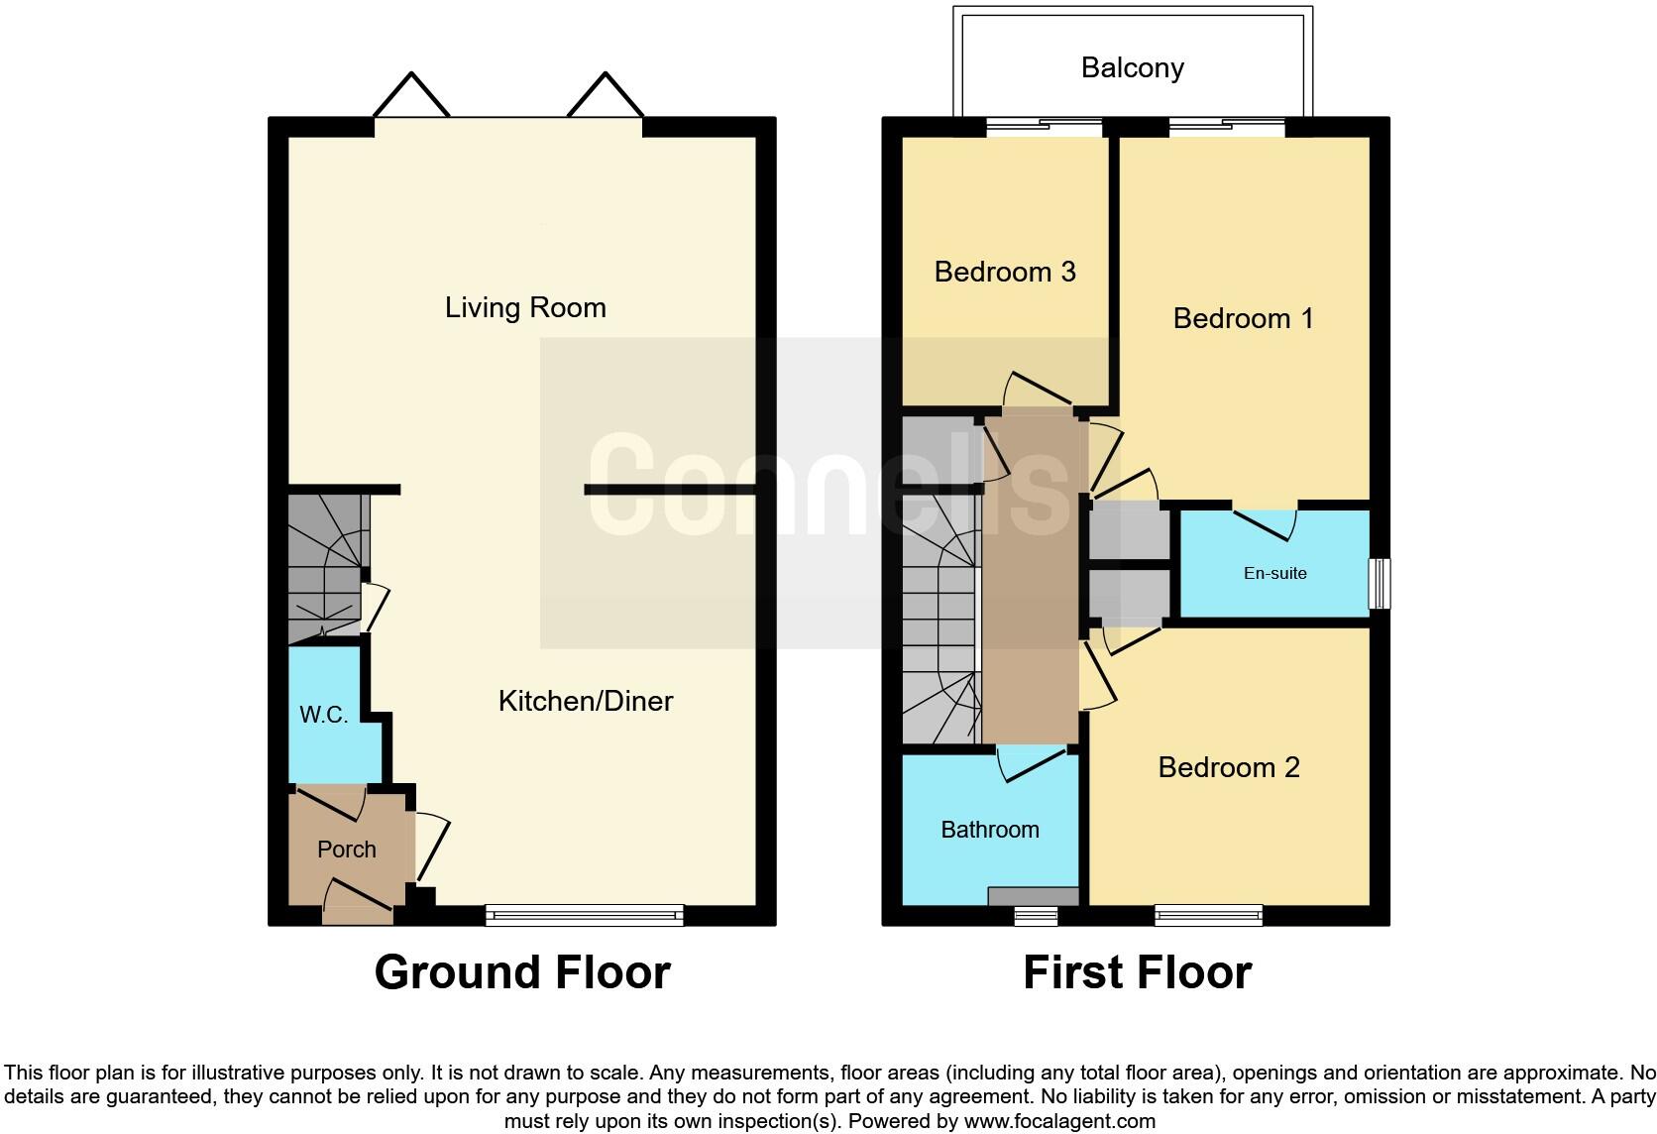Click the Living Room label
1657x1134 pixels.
pyautogui.click(x=525, y=307)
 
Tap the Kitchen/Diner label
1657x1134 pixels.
pyautogui.click(x=585, y=701)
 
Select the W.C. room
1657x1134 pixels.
pyautogui.click(x=324, y=715)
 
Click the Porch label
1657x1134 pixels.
pyautogui.click(x=346, y=850)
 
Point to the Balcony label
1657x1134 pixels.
pyautogui.click(x=1132, y=67)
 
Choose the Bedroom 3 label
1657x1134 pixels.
pyautogui.click(x=1004, y=272)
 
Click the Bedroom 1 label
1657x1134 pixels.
pyautogui.click(x=1243, y=318)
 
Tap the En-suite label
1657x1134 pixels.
pyautogui.click(x=1274, y=573)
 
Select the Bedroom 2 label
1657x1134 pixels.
pyautogui.click(x=1228, y=767)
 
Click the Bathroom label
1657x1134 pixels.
pyautogui.click(x=989, y=830)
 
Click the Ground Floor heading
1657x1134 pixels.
pyautogui.click(x=522, y=972)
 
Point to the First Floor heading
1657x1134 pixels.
pyautogui.click(x=1137, y=972)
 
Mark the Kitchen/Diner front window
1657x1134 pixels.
pyautogui.click(x=585, y=915)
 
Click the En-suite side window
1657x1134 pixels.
pyautogui.click(x=1379, y=583)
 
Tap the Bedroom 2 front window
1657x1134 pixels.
pyautogui.click(x=1208, y=915)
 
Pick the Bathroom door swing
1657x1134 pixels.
pyautogui.click(x=1031, y=764)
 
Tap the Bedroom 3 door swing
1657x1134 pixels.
pyautogui.click(x=1036, y=390)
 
